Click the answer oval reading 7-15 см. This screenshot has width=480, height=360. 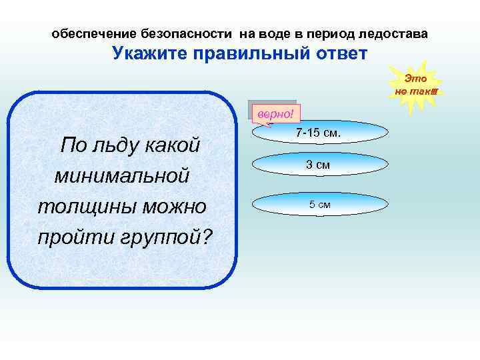(x=318, y=133)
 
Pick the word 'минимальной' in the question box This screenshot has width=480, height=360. (x=122, y=176)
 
